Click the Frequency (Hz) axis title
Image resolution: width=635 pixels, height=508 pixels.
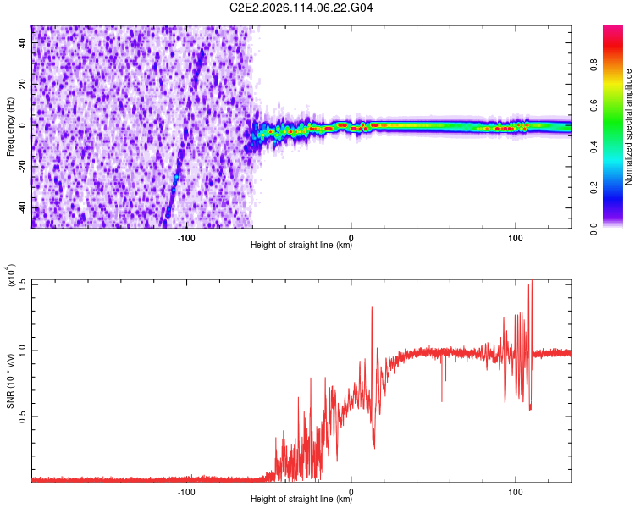pyautogui.click(x=10, y=127)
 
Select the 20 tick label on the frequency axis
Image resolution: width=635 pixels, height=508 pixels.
pyautogui.click(x=23, y=83)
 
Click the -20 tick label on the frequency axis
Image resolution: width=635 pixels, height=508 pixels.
pyautogui.click(x=20, y=166)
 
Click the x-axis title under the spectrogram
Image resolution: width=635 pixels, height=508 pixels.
pyautogui.click(x=301, y=246)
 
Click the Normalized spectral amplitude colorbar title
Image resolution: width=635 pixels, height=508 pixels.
pyautogui.click(x=628, y=127)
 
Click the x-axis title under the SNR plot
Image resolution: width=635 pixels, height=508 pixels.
pyautogui.click(x=301, y=500)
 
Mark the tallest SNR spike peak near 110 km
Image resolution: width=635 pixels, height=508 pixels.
pyautogui.click(x=532, y=281)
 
